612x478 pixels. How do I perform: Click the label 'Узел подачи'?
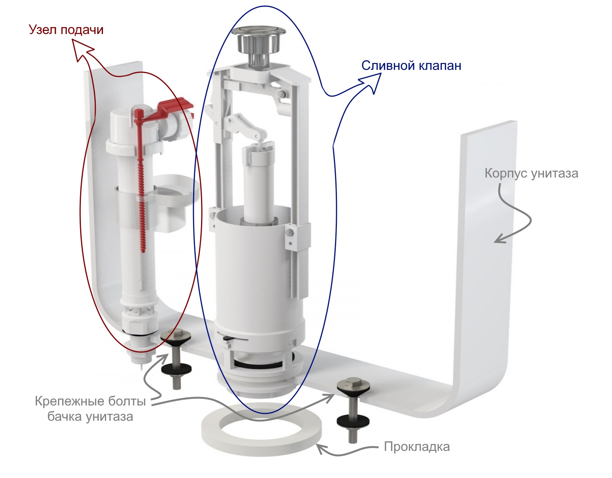66,30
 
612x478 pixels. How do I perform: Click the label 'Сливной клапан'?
411,66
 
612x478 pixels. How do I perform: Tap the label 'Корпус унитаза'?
531,174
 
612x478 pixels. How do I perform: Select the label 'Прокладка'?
417,447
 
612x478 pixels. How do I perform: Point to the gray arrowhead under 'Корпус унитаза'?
500,239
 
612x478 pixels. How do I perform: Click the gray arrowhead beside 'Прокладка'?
322,449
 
